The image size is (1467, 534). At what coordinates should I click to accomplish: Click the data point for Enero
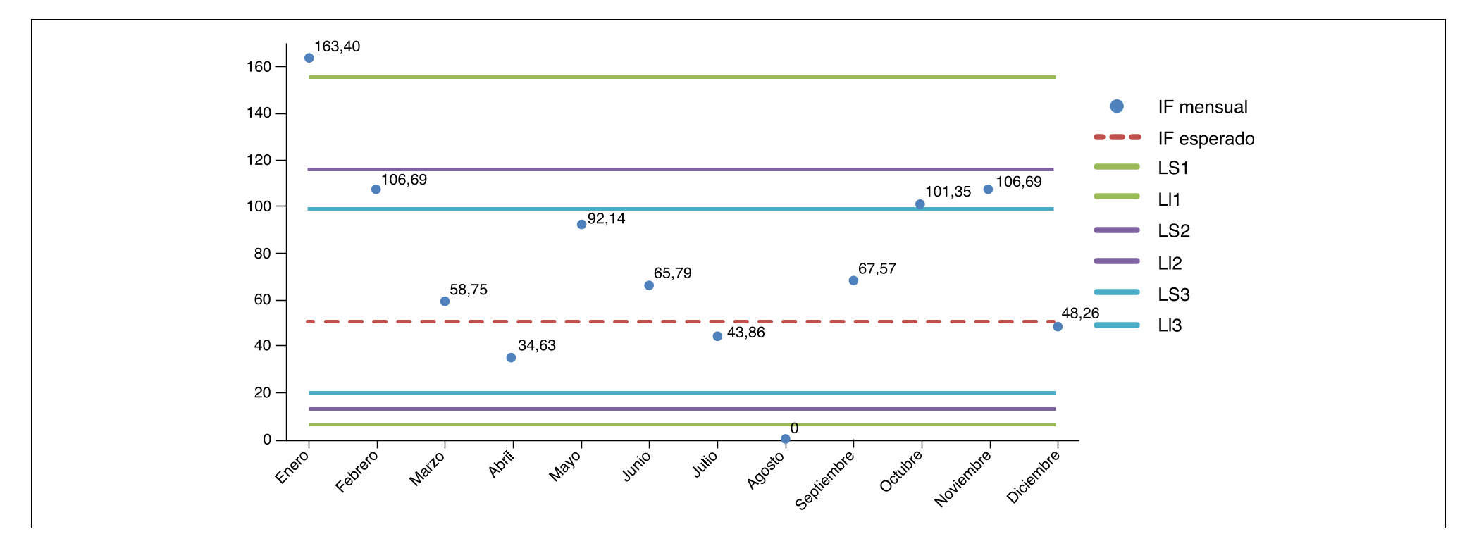(309, 58)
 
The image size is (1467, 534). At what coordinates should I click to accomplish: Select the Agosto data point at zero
(785, 439)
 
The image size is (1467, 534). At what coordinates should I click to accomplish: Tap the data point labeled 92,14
(581, 224)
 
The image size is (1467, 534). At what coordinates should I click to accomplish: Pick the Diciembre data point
(1057, 326)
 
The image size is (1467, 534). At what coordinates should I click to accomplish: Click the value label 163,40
(337, 46)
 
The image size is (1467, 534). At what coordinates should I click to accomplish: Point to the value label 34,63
(536, 345)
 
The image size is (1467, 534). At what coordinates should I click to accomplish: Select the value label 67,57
(877, 268)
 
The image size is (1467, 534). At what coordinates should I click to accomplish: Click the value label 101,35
(948, 192)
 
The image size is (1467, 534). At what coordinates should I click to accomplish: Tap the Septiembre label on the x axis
(824, 480)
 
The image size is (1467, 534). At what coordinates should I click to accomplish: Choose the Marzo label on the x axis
(427, 468)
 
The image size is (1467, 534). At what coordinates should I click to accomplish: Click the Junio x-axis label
(636, 466)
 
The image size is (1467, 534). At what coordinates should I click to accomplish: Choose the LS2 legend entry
(1173, 231)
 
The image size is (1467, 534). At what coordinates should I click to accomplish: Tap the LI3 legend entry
(1170, 325)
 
